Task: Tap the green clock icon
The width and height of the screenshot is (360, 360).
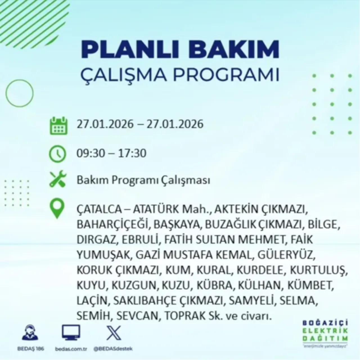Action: (58, 154)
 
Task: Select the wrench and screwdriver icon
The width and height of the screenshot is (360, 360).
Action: (58, 180)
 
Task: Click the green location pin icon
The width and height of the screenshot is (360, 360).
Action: (57, 209)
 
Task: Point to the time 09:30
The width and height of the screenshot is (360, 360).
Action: (91, 154)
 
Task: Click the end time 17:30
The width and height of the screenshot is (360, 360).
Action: (132, 154)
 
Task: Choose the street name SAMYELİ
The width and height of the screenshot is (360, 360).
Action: (251, 301)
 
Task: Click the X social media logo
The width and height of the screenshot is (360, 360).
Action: (114, 333)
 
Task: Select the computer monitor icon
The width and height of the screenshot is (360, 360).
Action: (71, 333)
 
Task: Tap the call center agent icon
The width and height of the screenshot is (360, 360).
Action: (30, 333)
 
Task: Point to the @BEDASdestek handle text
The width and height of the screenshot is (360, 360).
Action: (113, 349)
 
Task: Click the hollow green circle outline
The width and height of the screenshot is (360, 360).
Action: (19, 93)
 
